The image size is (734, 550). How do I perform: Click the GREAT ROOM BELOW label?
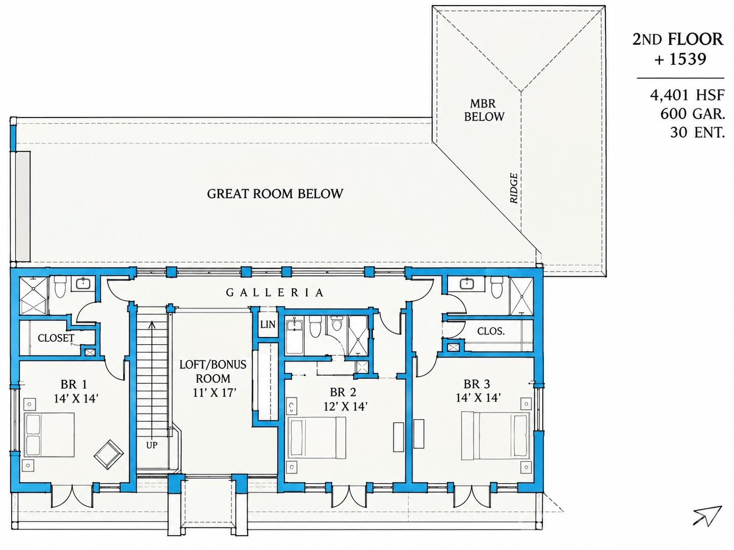pyautogui.click(x=275, y=194)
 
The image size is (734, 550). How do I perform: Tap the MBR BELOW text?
pyautogui.click(x=484, y=110)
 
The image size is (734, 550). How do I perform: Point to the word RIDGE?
pyautogui.click(x=514, y=188)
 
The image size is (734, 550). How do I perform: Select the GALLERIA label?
pyautogui.click(x=274, y=292)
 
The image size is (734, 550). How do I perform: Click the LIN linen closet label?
pyautogui.click(x=267, y=324)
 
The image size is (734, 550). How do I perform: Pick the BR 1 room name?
pyautogui.click(x=74, y=384)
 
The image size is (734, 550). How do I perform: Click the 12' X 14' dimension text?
pyautogui.click(x=345, y=407)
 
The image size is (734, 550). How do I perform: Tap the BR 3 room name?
pyautogui.click(x=477, y=384)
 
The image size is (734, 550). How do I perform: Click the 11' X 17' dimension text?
pyautogui.click(x=215, y=392)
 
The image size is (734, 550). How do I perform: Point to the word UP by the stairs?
pyautogui.click(x=152, y=445)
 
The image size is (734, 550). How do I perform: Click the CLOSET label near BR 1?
pyautogui.click(x=56, y=338)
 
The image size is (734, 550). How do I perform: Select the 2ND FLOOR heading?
pyautogui.click(x=677, y=40)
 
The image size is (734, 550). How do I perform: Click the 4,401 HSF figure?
pyautogui.click(x=687, y=95)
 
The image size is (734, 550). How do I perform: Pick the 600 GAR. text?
pyautogui.click(x=692, y=114)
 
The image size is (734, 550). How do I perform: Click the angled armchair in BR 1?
pyautogui.click(x=109, y=455)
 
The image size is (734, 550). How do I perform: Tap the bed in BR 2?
pyautogui.click(x=317, y=438)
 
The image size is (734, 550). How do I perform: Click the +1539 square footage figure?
pyautogui.click(x=680, y=60)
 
